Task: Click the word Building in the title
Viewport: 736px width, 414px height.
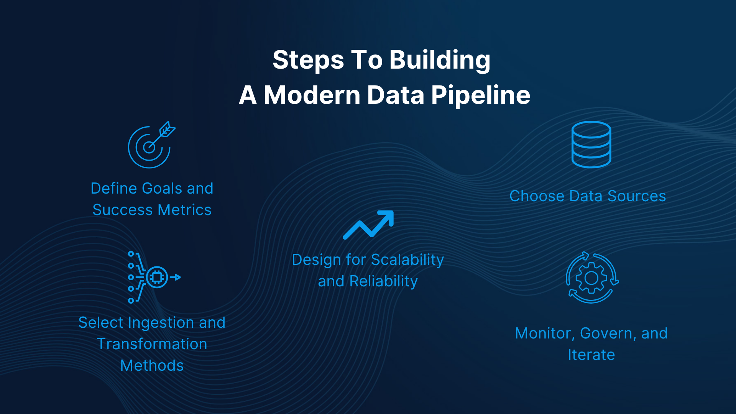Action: [440, 60]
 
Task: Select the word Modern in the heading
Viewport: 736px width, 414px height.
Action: [312, 95]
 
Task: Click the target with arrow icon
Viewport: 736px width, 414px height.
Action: [150, 146]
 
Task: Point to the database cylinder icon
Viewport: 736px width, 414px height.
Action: [591, 145]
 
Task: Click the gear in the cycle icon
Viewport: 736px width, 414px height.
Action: [591, 278]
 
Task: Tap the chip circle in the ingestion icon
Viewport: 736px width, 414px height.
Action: [157, 277]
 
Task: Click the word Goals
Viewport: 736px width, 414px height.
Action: [162, 189]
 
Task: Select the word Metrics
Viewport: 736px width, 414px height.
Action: [184, 210]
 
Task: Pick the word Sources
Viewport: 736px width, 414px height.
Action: [637, 196]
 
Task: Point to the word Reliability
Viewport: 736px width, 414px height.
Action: [383, 281]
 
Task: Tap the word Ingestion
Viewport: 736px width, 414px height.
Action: [161, 323]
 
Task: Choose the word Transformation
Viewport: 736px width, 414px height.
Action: [152, 344]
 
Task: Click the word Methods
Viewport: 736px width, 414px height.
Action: [152, 366]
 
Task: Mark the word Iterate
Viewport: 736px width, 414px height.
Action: [591, 355]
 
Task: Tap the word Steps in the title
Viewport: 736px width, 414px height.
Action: [308, 60]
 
